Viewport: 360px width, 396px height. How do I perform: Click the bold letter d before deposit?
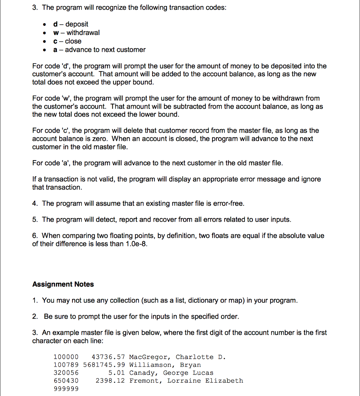pyautogui.click(x=56, y=24)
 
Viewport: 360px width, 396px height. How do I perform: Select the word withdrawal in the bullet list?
pyautogui.click(x=83, y=33)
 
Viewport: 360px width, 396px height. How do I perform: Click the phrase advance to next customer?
pyautogui.click(x=105, y=50)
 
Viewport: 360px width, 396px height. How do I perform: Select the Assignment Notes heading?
pyautogui.click(x=63, y=284)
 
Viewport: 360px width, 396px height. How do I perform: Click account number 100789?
pyautogui.click(x=65, y=365)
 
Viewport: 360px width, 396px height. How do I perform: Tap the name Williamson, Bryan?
pyautogui.click(x=165, y=365)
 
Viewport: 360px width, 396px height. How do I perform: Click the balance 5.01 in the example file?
pyautogui.click(x=117, y=373)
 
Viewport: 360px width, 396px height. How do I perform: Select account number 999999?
pyautogui.click(x=65, y=389)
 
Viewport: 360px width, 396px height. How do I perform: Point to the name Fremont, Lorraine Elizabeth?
pyautogui.click(x=186, y=381)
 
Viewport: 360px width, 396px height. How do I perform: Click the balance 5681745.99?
pyautogui.click(x=104, y=365)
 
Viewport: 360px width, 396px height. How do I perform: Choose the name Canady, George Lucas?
pyautogui.click(x=171, y=373)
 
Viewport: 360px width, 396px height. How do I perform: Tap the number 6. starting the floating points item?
pyautogui.click(x=35, y=236)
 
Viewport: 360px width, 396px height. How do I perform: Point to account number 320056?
pyautogui.click(x=65, y=373)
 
